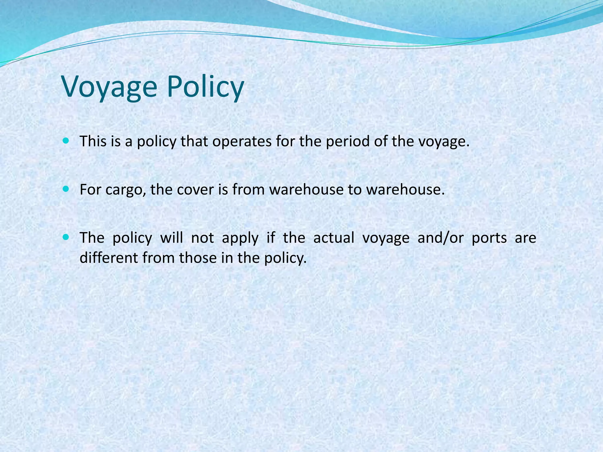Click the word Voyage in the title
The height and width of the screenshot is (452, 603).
(x=109, y=87)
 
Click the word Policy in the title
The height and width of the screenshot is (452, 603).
(x=205, y=87)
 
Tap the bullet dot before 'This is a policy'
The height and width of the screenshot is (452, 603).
(x=66, y=141)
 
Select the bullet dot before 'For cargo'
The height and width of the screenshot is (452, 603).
(x=66, y=189)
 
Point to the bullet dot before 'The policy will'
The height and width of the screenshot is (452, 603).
(x=66, y=237)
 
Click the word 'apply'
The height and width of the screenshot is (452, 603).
(x=240, y=238)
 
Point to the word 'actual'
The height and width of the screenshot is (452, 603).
(x=334, y=238)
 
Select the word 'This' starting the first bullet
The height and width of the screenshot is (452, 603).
(x=93, y=142)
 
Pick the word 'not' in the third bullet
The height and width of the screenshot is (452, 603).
(x=202, y=238)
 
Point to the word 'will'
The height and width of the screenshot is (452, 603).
(x=171, y=238)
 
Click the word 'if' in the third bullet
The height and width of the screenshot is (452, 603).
(x=271, y=238)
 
